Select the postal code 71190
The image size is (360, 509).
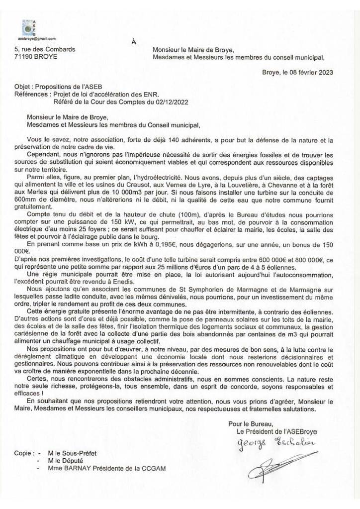pos(24,57)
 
